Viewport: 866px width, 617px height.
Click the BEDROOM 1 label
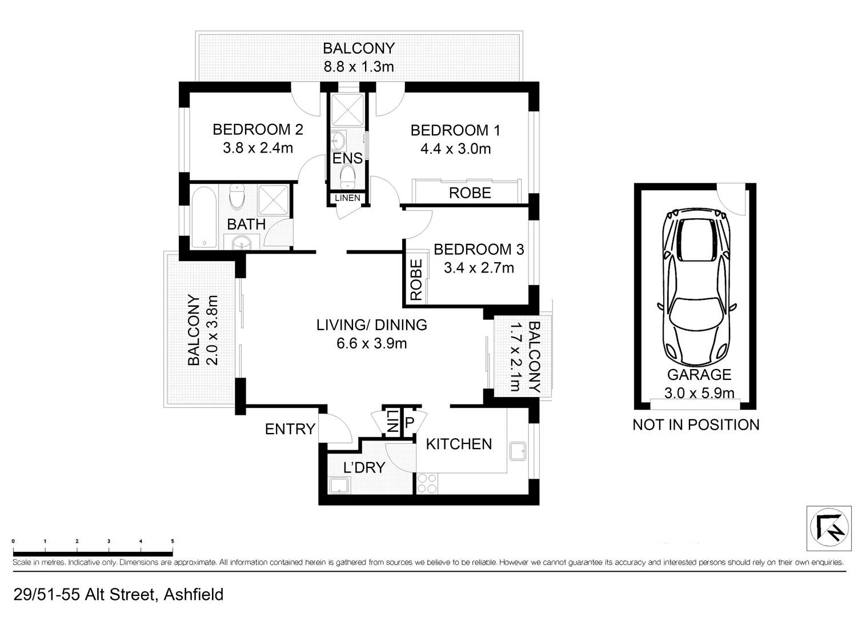[x=455, y=130]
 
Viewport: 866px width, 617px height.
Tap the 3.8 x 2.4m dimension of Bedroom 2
[x=258, y=148]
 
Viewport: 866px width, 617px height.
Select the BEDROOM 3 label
[x=479, y=249]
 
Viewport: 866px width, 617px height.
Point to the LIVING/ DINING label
[x=371, y=324]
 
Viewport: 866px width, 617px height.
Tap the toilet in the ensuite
[x=347, y=176]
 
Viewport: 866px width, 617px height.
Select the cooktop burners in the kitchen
[x=427, y=483]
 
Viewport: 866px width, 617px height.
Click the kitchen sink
[x=519, y=451]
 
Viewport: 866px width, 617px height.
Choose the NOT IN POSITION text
[x=695, y=424]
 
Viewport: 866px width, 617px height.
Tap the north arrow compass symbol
[x=829, y=528]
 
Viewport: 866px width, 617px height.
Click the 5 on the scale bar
[x=172, y=541]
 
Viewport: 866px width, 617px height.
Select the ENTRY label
[x=290, y=428]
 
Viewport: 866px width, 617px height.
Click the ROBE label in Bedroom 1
[x=470, y=193]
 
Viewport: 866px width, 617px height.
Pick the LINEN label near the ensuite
[x=347, y=198]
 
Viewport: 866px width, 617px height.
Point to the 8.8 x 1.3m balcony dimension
[x=359, y=67]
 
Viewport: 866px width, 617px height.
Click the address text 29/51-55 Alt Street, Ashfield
[x=118, y=595]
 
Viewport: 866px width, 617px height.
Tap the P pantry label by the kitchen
[x=409, y=423]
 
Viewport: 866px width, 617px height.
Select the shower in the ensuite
[x=347, y=108]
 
